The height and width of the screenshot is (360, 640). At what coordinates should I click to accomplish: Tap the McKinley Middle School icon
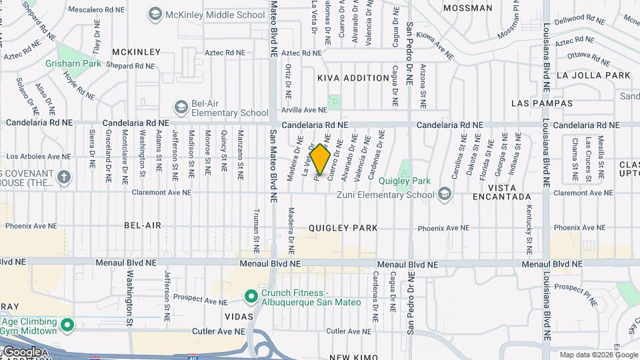(155, 14)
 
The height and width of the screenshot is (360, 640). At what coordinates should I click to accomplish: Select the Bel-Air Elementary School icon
(181, 107)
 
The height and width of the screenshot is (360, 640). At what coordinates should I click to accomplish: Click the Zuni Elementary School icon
(445, 195)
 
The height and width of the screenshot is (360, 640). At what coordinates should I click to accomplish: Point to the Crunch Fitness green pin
(251, 295)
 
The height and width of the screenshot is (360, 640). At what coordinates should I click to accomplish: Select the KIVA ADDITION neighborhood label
(353, 78)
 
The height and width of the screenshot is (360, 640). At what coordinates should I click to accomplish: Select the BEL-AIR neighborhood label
(143, 225)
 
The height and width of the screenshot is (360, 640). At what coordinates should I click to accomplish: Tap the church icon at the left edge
(63, 177)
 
